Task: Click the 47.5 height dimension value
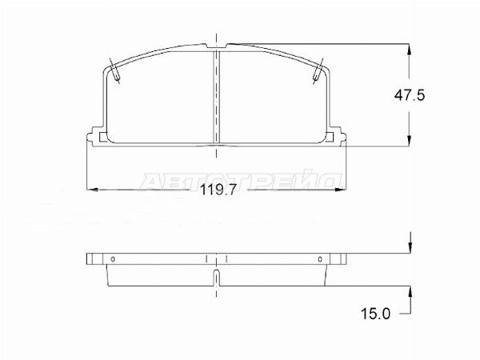(410, 95)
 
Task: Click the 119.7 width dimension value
(218, 190)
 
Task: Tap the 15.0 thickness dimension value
(376, 314)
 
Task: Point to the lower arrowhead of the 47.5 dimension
(410, 140)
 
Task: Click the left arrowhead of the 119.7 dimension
(93, 190)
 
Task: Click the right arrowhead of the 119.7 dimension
(341, 190)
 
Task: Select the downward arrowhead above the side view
(410, 248)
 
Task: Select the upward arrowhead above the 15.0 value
(410, 292)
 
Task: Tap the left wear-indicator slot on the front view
(114, 71)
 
